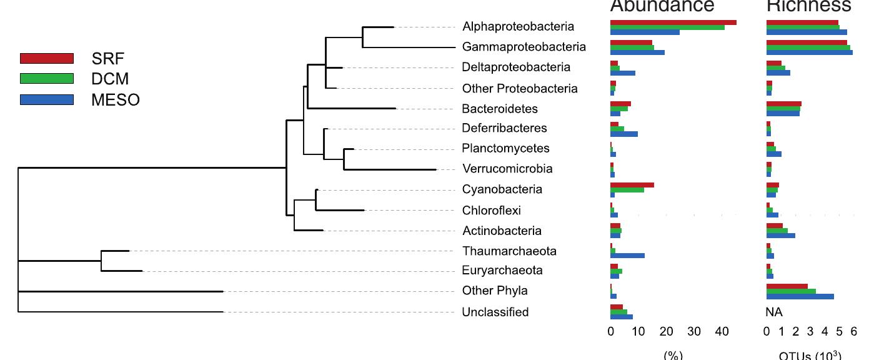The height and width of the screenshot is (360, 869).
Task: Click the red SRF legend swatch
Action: [47, 59]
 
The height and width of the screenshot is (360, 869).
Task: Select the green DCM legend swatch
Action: [47, 79]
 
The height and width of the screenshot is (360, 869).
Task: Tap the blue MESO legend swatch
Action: [47, 99]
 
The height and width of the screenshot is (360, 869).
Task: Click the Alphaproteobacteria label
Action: [518, 27]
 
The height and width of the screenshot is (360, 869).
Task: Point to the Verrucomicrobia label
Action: [507, 169]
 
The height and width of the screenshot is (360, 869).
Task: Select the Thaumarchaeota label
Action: [509, 251]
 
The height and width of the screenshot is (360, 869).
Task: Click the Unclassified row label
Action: [495, 312]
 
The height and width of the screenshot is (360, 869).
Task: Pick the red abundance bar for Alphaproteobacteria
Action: [673, 22]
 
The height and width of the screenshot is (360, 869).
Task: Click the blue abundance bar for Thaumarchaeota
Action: [627, 256]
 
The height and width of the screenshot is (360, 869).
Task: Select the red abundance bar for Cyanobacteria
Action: [632, 185]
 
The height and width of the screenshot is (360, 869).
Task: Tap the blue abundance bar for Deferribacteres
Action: [623, 134]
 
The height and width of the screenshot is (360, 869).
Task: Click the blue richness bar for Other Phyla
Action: [800, 296]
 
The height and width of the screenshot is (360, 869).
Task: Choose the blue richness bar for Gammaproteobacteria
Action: [809, 52]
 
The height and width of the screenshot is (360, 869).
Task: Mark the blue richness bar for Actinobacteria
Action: [780, 236]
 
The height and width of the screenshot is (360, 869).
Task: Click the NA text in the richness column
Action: [774, 312]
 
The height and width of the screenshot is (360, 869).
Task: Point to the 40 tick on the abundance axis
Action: [722, 332]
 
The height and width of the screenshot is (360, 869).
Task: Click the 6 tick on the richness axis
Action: [853, 332]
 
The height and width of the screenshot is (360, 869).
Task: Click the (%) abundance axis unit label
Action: [672, 355]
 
